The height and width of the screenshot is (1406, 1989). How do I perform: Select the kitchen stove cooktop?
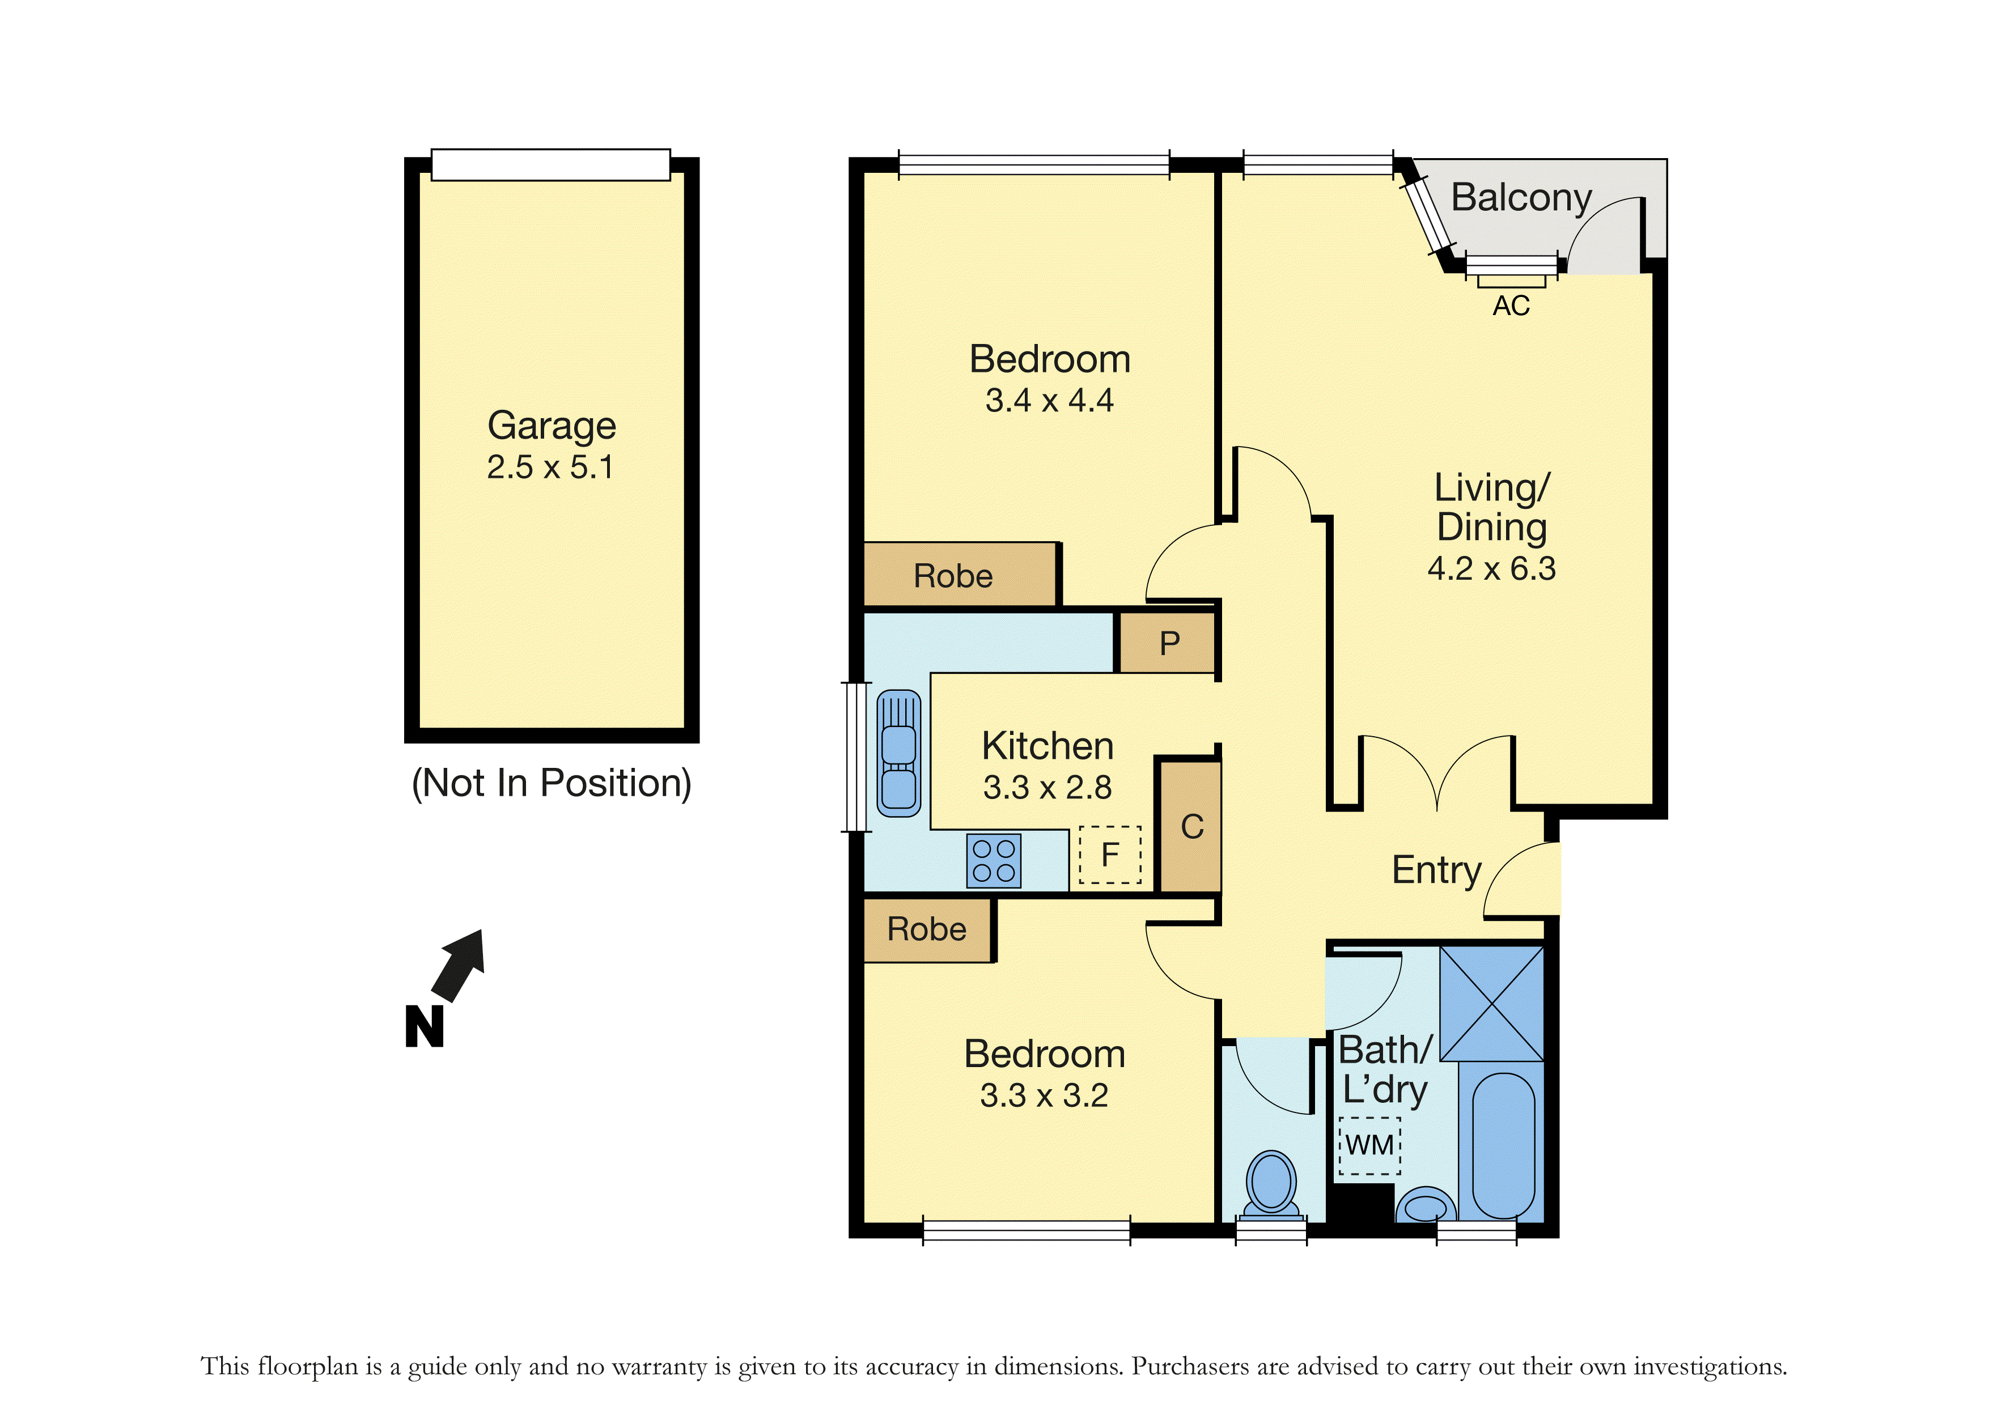click(994, 861)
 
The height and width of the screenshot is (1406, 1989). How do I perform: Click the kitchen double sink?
click(898, 753)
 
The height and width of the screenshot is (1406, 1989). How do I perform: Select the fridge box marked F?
click(1110, 855)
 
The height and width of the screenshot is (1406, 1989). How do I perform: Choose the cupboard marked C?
click(1190, 826)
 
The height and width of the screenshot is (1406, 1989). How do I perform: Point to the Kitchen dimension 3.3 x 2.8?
click(1047, 788)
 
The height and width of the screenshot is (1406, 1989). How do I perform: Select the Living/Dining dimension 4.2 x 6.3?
click(1492, 569)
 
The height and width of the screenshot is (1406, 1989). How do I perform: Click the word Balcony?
click(1521, 198)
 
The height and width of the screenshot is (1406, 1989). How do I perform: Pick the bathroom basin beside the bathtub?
click(1425, 1206)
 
